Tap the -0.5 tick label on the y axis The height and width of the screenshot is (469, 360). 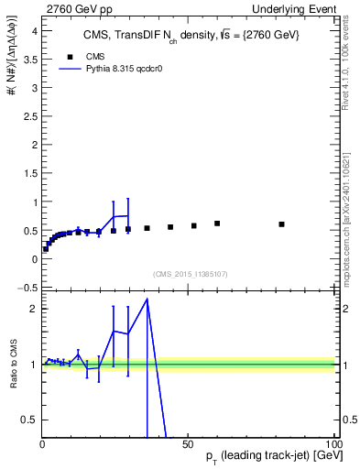[x=27, y=288]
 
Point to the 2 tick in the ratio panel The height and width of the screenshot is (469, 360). [x=34, y=309]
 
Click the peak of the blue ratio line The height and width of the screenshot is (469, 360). [x=147, y=300]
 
